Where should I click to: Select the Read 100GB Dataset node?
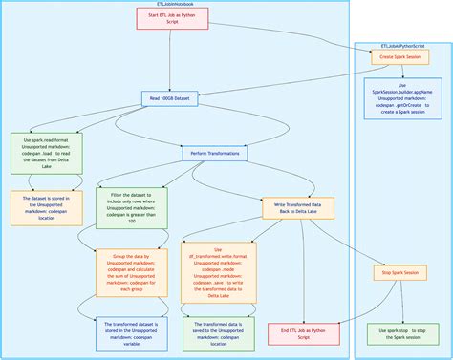[171, 98]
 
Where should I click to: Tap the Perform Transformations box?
[215, 153]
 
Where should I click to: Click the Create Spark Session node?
[399, 57]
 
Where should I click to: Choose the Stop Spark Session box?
[399, 273]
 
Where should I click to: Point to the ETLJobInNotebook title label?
[174, 4]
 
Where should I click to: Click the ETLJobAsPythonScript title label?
[402, 45]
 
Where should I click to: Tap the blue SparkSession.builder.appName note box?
[402, 99]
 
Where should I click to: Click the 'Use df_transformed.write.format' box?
[218, 271]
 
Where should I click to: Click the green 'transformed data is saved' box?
[218, 333]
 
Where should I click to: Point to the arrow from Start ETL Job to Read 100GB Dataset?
[171, 62]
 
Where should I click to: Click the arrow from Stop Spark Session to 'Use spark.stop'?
[399, 304]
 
